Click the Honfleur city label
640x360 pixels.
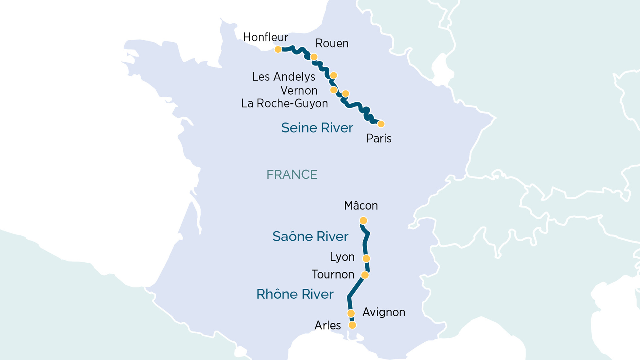point(265,37)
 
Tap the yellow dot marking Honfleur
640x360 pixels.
point(278,49)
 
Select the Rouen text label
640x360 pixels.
point(332,43)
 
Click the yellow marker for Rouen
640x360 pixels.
point(314,57)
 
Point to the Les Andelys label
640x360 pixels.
point(283,77)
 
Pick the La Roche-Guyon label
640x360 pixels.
point(284,103)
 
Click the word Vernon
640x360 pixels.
point(298,90)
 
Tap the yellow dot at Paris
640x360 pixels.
point(381,124)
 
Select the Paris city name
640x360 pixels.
point(379,139)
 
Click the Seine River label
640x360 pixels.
point(317,128)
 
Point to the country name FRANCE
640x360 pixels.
point(292,175)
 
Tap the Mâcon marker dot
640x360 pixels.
point(363,221)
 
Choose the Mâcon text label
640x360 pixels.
point(361,206)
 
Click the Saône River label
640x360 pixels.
point(310,236)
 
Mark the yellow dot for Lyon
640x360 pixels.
point(366,258)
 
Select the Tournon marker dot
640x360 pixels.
point(365,275)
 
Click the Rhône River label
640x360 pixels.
point(295,294)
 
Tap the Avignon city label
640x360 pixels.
point(384,312)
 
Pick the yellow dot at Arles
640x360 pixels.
point(352,325)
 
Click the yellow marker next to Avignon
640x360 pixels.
point(351,313)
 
